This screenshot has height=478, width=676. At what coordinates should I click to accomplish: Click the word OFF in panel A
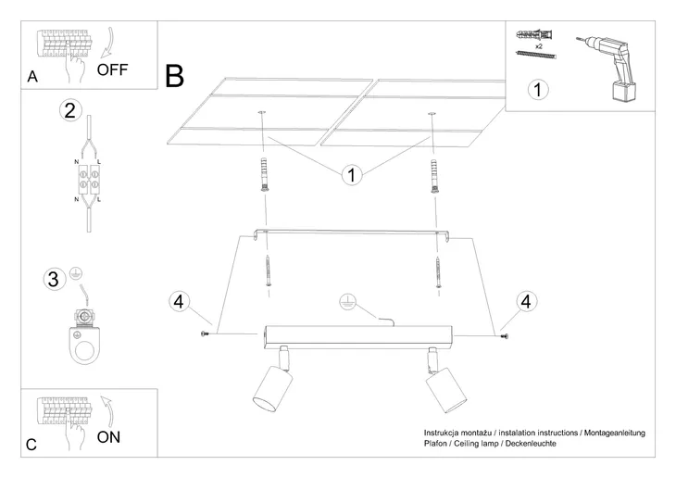pos(115,69)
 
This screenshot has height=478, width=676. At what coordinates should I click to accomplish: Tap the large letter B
pos(175,75)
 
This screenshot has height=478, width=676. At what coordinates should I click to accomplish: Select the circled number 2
pos(69,111)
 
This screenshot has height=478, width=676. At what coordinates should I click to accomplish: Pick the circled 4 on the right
pos(525,301)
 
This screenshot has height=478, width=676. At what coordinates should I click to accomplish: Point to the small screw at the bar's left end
pos(204,333)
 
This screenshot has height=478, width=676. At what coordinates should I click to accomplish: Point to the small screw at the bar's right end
pos(504,334)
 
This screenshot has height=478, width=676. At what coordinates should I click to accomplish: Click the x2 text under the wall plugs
pos(538,44)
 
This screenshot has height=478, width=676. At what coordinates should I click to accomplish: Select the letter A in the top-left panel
pos(32,78)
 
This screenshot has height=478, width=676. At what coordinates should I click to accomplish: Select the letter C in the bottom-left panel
pos(32,446)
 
